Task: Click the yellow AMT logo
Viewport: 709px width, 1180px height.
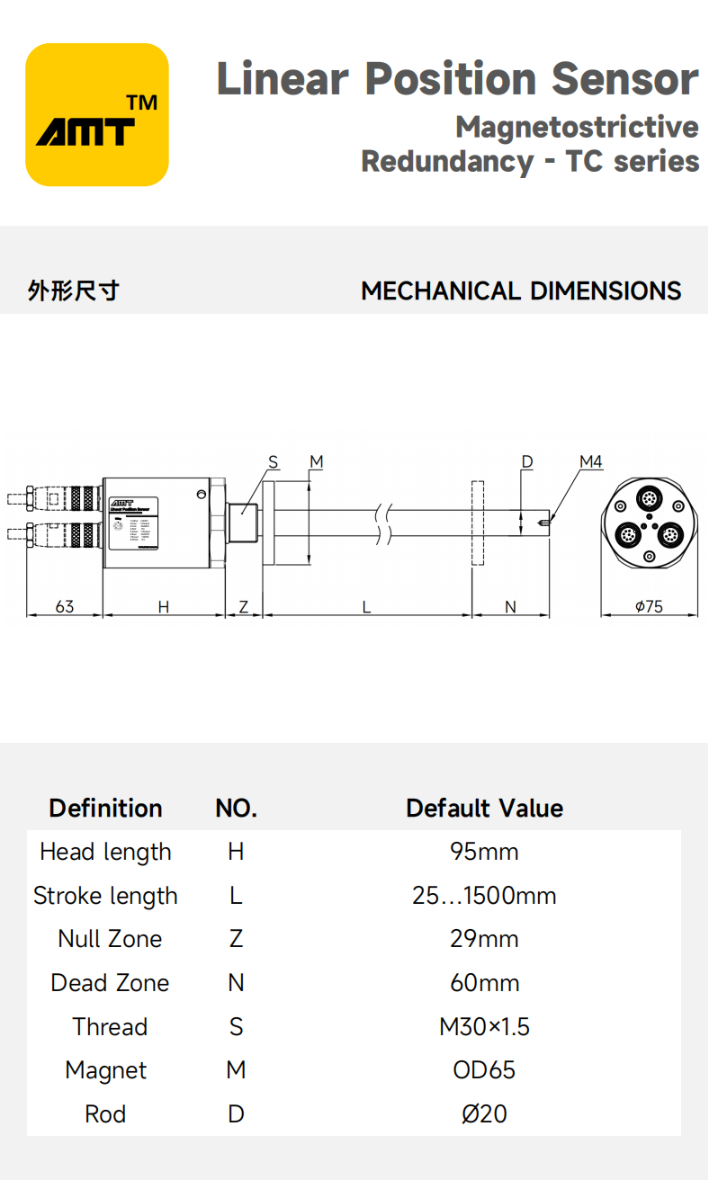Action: [x=97, y=115]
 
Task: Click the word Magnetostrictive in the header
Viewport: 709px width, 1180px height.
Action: [x=577, y=127]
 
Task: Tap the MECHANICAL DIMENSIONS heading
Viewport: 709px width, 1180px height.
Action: [x=521, y=291]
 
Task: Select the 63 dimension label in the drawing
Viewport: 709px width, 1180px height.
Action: [x=65, y=607]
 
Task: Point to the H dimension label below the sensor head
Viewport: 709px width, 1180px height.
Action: [x=164, y=607]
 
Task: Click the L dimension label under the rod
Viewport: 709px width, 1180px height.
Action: [x=367, y=607]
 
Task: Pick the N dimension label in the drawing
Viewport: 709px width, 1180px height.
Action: [x=510, y=607]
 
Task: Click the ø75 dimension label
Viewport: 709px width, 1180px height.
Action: [x=649, y=607]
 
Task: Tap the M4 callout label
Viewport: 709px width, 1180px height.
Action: [x=590, y=462]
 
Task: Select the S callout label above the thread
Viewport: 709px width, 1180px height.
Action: [x=274, y=462]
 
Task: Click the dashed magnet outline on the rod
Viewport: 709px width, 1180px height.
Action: [x=477, y=523]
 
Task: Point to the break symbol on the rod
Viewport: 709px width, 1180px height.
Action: [x=386, y=523]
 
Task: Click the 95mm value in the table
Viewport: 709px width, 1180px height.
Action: [x=484, y=852]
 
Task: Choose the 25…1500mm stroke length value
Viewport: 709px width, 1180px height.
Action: [x=484, y=896]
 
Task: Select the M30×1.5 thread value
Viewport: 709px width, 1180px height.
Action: [x=484, y=1027]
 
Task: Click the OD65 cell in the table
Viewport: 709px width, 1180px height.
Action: [x=484, y=1070]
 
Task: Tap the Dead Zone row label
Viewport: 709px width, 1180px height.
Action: [x=110, y=983]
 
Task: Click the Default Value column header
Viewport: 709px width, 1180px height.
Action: [x=484, y=808]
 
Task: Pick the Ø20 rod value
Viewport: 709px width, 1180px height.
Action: [x=484, y=1114]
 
